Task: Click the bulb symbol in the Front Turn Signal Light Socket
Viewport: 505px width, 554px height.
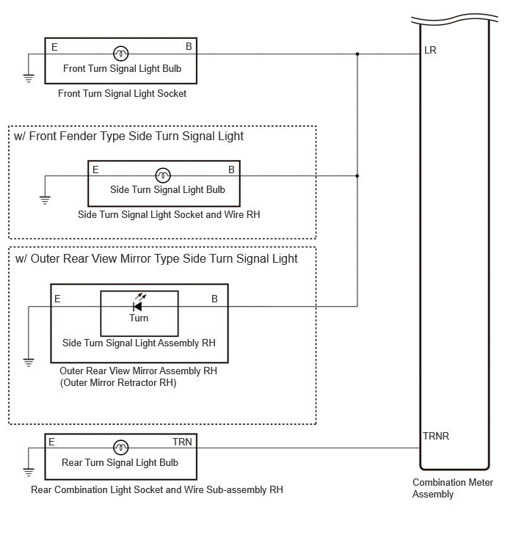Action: (121, 54)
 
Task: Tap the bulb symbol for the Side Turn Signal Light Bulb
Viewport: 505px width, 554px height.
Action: (163, 175)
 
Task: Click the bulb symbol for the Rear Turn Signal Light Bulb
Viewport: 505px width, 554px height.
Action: (121, 448)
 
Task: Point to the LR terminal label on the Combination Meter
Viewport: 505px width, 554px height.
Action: (430, 50)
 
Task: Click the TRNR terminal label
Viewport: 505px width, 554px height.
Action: (436, 436)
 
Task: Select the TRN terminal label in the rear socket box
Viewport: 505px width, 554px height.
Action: (182, 442)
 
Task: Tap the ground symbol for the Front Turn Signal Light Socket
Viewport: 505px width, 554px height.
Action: (29, 78)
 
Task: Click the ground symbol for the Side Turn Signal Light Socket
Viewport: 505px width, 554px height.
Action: (45, 200)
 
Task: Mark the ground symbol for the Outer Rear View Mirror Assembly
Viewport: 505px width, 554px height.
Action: (29, 362)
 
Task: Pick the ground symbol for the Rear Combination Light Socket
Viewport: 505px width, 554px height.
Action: (29, 472)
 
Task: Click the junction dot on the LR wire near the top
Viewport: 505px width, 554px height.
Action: (357, 54)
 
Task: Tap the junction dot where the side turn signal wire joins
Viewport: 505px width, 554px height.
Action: (357, 175)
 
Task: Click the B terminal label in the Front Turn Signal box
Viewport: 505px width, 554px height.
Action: (189, 46)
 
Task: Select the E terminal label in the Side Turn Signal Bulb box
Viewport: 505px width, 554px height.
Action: (95, 170)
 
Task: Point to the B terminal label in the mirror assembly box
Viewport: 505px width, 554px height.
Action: (214, 299)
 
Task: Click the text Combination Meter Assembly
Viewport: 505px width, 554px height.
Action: (452, 488)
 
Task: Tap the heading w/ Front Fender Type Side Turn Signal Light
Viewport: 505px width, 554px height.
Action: (128, 136)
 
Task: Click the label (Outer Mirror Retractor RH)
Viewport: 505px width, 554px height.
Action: (118, 382)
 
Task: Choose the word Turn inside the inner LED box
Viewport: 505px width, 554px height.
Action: (139, 318)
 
